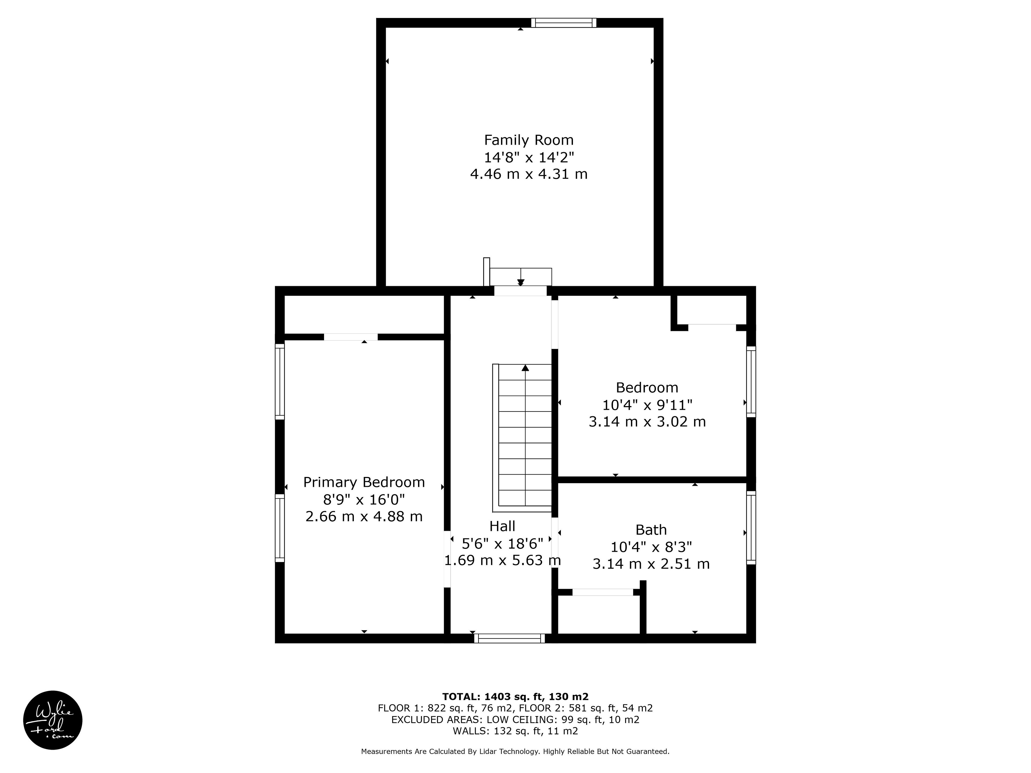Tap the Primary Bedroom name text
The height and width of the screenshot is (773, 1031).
(x=364, y=482)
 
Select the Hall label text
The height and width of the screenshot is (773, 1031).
(x=502, y=526)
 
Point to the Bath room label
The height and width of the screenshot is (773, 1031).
(x=651, y=530)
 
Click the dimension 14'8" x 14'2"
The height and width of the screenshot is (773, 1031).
(x=529, y=157)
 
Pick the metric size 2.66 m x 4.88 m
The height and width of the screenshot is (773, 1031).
(x=364, y=516)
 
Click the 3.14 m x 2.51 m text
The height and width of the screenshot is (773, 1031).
(x=651, y=564)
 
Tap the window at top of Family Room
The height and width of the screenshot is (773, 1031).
(x=564, y=22)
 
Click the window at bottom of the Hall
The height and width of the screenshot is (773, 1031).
(x=509, y=638)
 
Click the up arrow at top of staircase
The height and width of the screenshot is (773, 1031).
(x=525, y=368)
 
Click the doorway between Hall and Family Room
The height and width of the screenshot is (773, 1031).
(x=520, y=291)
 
